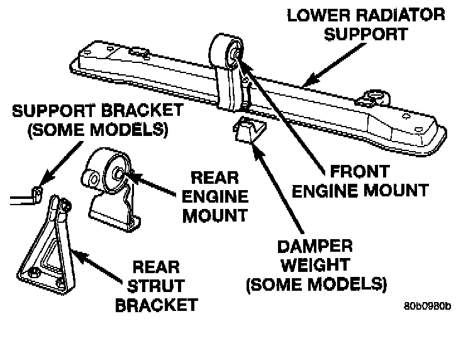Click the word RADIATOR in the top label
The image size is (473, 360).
pyautogui.click(x=400, y=15)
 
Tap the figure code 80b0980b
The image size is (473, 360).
pyautogui.click(x=428, y=307)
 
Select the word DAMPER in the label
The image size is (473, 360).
pyautogui.click(x=315, y=247)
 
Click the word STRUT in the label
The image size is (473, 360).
pyautogui.click(x=156, y=286)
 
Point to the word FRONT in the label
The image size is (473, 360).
pyautogui.click(x=360, y=171)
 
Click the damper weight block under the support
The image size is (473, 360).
pyautogui.click(x=249, y=130)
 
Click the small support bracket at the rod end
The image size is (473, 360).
pyautogui.click(x=37, y=194)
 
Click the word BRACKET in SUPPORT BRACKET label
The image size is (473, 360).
pyautogui.click(x=142, y=111)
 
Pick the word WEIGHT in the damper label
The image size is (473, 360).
pyautogui.click(x=315, y=265)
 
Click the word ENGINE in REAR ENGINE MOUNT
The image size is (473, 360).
pyautogui.click(x=214, y=196)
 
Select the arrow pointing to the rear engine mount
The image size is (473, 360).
pyautogui.click(x=152, y=184)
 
